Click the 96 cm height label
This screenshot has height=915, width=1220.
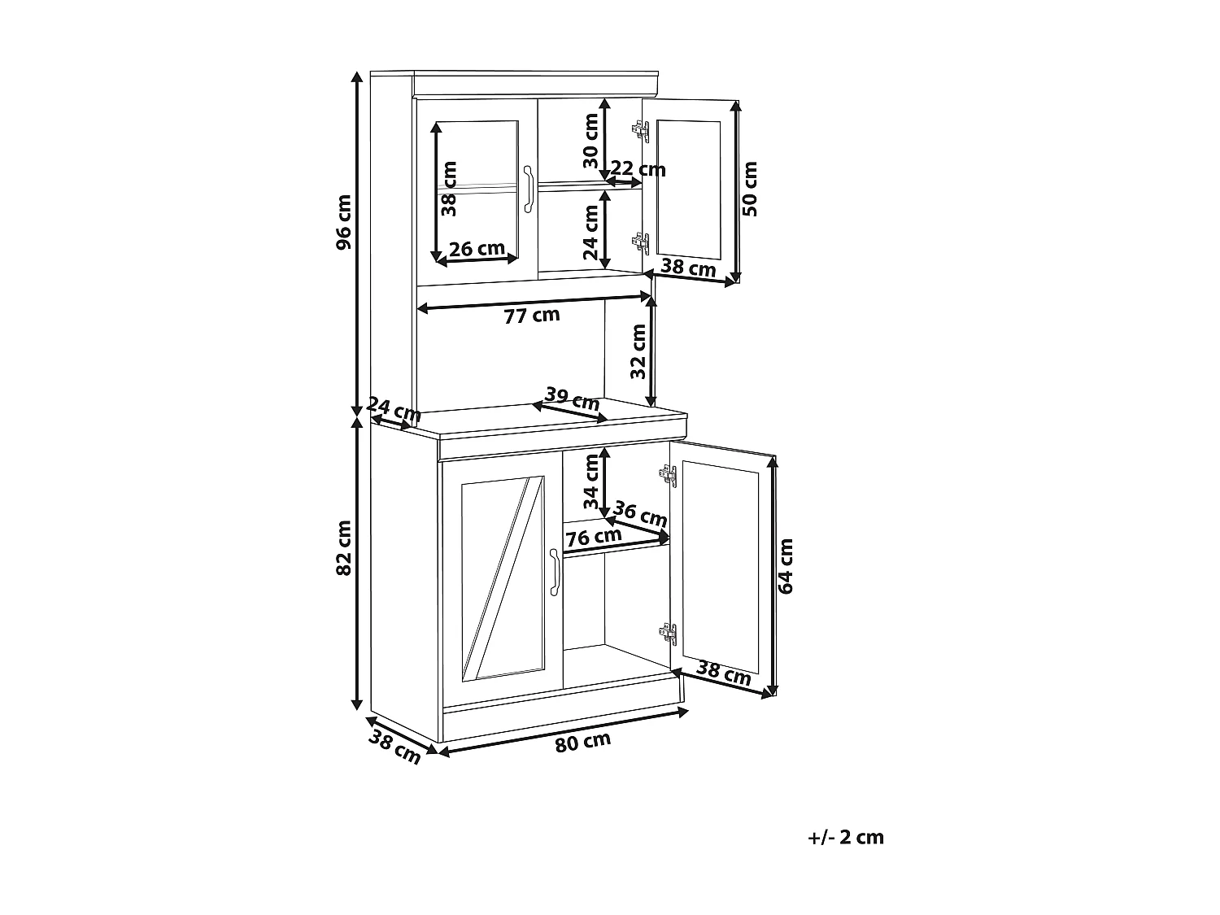click(x=344, y=221)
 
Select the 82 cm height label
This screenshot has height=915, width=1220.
click(x=344, y=547)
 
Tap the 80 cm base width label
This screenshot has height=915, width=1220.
click(x=582, y=742)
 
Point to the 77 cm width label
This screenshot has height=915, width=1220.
click(x=532, y=315)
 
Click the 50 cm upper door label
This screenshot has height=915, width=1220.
click(x=750, y=188)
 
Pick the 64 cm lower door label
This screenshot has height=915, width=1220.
click(x=786, y=565)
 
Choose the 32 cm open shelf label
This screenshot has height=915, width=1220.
click(x=638, y=351)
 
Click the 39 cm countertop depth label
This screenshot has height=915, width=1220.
click(x=572, y=399)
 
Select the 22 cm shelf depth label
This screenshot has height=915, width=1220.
click(x=638, y=169)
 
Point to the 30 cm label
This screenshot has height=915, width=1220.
click(x=591, y=140)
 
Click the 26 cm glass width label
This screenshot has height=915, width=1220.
click(x=477, y=248)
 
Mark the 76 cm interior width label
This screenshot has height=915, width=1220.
click(x=593, y=538)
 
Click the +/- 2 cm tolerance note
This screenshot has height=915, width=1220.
click(x=846, y=837)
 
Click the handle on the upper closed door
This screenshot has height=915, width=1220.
click(x=528, y=190)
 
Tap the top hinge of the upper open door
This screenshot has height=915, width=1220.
click(x=641, y=129)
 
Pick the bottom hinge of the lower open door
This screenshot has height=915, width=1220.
click(x=668, y=632)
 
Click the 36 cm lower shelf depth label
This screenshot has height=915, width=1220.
click(x=640, y=514)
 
